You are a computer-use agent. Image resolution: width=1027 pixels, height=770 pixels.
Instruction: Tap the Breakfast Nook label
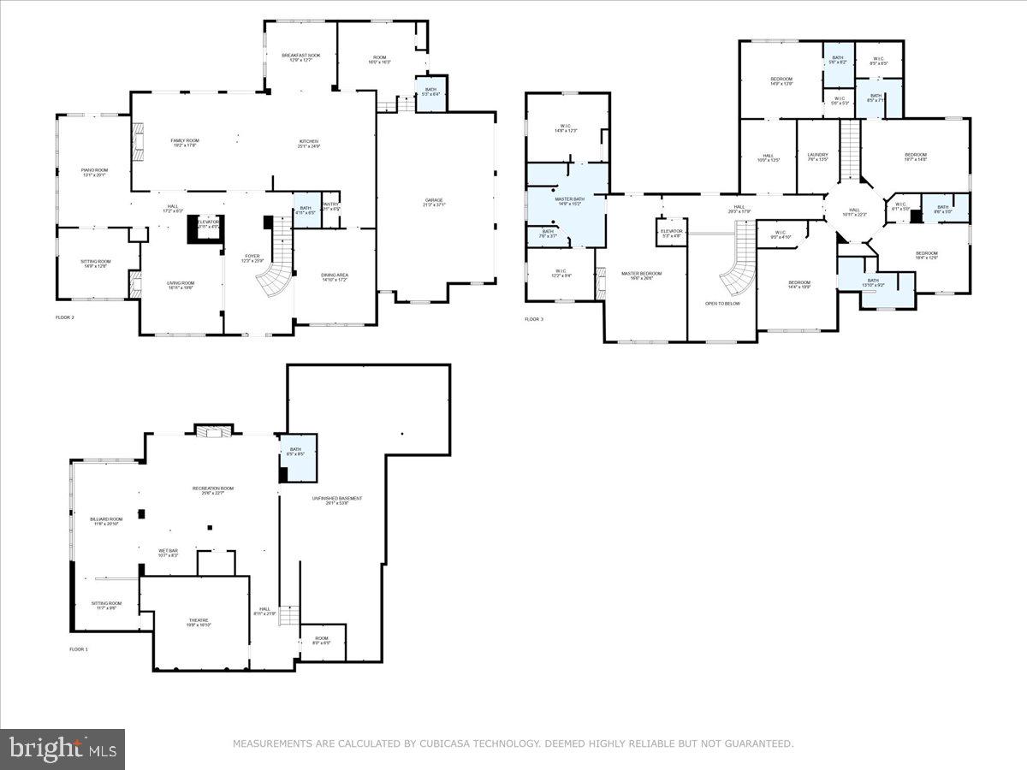click(x=301, y=57)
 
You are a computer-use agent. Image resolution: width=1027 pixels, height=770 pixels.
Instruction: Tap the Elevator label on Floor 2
click(x=207, y=223)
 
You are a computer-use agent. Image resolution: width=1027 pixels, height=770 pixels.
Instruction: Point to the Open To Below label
click(x=722, y=304)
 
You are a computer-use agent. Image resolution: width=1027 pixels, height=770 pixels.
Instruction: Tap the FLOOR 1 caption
click(x=79, y=649)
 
